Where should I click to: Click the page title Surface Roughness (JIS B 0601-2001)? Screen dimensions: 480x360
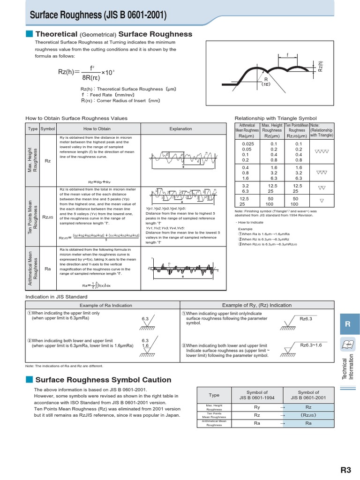click(x=98, y=16)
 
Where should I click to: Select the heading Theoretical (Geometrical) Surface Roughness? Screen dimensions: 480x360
click(x=114, y=34)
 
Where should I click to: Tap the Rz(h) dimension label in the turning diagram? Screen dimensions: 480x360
click(x=321, y=67)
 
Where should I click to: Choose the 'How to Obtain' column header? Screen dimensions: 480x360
click(x=97, y=129)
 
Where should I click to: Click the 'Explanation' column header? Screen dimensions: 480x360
click(x=180, y=129)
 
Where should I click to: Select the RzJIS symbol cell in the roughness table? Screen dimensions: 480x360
click(x=47, y=217)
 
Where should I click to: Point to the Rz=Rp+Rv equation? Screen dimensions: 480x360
click(x=99, y=181)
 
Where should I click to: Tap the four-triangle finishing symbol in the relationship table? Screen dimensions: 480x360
click(x=321, y=151)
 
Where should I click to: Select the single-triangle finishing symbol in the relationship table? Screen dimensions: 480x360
click(x=321, y=201)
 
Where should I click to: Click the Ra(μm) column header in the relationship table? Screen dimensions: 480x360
click(x=246, y=136)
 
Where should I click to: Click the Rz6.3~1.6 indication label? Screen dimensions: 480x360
click(x=312, y=345)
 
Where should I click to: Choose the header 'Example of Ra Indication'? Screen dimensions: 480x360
click(x=102, y=305)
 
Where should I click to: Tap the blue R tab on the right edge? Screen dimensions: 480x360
click(x=347, y=324)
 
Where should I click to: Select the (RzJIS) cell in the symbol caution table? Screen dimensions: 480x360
click(x=308, y=415)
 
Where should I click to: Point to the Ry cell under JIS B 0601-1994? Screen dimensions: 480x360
click(x=257, y=407)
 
